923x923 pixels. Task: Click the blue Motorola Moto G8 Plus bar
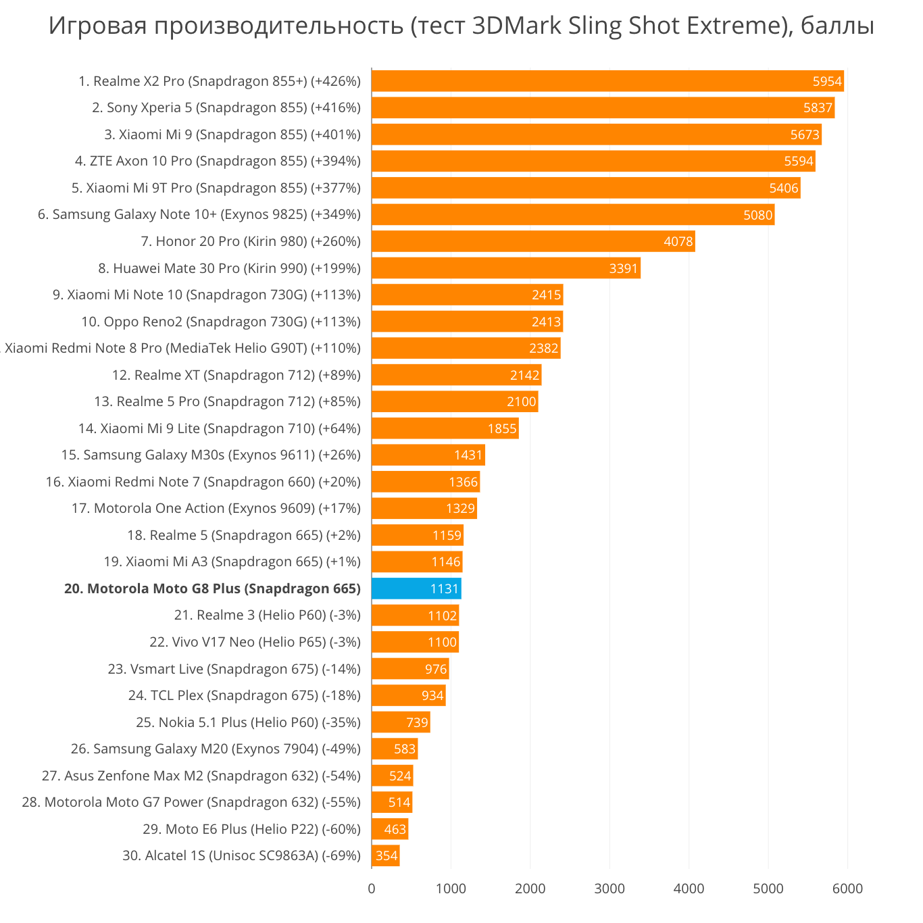click(x=416, y=589)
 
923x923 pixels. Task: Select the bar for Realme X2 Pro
click(x=607, y=81)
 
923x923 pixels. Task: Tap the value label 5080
click(x=757, y=215)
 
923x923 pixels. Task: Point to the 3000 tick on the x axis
click(x=609, y=889)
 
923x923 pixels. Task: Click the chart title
click(x=461, y=26)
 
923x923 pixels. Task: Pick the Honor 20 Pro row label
click(x=251, y=241)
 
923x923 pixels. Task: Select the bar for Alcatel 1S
click(x=385, y=855)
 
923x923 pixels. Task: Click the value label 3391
click(x=623, y=268)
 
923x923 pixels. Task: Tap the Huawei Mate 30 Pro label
click(x=230, y=268)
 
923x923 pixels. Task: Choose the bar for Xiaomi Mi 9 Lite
click(x=445, y=428)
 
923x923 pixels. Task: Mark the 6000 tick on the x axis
click(x=847, y=889)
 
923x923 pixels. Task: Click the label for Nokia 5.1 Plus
click(x=248, y=722)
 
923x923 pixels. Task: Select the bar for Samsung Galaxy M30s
click(x=428, y=455)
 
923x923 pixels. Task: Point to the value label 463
click(x=395, y=829)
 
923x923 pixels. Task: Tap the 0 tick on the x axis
click(x=372, y=889)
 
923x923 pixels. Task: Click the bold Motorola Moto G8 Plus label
click(x=212, y=589)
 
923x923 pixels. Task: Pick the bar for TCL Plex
click(x=408, y=695)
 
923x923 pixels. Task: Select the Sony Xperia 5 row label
click(x=226, y=107)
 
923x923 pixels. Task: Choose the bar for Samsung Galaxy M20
click(x=395, y=749)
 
